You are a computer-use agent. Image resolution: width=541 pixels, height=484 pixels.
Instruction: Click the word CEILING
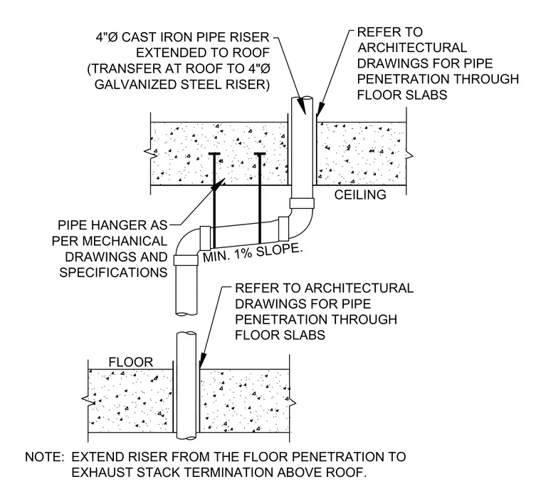tap(360, 195)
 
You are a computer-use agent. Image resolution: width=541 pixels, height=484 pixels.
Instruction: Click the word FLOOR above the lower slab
tap(130, 362)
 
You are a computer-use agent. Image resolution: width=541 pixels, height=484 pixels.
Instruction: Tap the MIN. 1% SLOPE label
tap(252, 253)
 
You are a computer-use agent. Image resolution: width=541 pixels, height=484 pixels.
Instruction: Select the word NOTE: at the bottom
tap(45, 457)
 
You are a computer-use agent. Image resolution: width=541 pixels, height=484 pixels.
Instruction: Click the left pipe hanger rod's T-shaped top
tap(214, 153)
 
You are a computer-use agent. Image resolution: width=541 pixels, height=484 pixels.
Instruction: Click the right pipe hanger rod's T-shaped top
tap(259, 153)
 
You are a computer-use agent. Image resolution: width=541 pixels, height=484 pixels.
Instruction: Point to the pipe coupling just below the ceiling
tap(302, 203)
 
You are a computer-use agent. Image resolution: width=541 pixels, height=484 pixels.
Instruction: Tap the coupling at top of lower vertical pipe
tap(186, 259)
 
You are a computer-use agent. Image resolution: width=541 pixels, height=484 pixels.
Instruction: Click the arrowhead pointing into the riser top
tap(302, 105)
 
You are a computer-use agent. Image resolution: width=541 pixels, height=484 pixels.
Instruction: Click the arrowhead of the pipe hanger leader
tap(218, 184)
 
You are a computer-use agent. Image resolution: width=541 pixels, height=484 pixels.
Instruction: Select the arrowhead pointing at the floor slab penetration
tap(203, 360)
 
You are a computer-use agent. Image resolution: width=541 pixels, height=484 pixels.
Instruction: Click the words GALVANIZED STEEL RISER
tap(182, 85)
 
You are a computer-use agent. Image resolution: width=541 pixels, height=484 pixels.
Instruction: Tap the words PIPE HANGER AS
tap(112, 225)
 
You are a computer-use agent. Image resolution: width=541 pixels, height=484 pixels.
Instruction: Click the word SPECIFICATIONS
tap(113, 272)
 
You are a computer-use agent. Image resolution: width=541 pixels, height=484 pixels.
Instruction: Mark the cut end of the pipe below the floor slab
tap(187, 438)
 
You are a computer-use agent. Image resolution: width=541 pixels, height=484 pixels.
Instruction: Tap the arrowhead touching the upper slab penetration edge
tap(320, 109)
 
